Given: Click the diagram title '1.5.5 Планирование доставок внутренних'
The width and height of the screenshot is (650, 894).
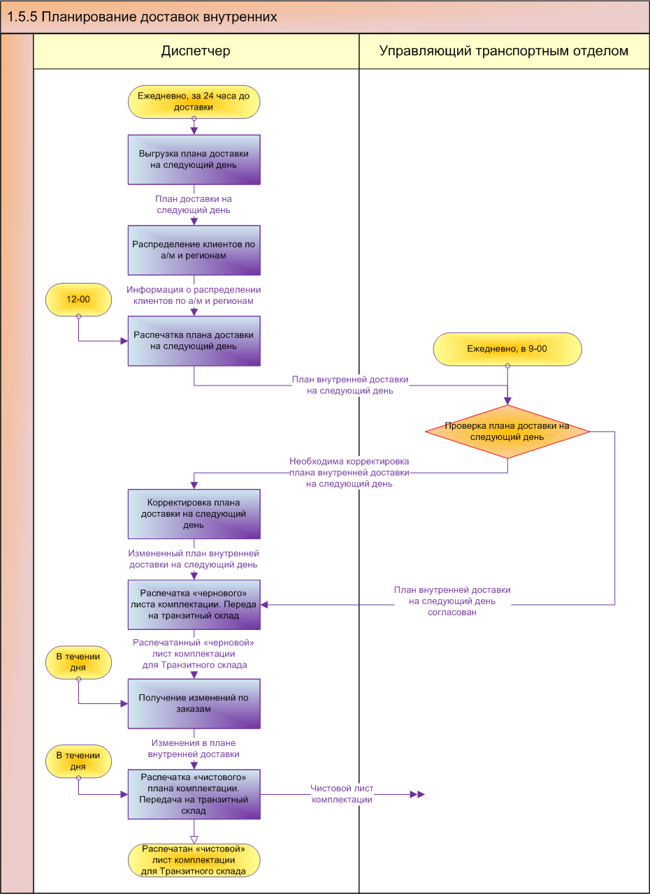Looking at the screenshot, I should point(142,17).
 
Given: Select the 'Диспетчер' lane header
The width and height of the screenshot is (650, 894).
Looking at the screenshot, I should point(196,51).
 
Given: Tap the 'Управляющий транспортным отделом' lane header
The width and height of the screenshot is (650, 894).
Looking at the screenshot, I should point(503,51).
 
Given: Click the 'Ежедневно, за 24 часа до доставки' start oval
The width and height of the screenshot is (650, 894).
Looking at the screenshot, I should point(194,102).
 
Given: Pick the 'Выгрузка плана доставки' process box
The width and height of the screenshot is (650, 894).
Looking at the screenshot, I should point(194,159).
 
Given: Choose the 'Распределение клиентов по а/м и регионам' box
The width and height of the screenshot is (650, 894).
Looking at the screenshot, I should point(194,250).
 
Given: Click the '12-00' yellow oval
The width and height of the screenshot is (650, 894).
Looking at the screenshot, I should point(78,299).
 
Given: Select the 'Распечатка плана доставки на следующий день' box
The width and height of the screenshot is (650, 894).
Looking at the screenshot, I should point(194,340).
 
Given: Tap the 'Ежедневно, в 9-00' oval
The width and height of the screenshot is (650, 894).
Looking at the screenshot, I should point(507,349).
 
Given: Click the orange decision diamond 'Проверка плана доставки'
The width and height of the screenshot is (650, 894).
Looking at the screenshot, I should point(507,432).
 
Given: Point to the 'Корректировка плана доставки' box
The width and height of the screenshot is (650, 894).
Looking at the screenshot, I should point(194,513).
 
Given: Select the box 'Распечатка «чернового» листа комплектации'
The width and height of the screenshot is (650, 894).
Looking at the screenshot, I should point(194,604).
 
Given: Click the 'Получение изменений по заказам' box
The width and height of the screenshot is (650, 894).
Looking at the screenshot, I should point(194,703).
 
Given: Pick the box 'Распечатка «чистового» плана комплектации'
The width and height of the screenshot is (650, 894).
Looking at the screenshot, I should point(194,794).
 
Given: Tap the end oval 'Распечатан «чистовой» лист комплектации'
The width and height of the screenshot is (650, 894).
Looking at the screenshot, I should point(194,860).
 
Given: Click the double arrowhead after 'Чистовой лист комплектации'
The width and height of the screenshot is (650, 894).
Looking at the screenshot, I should point(417,794).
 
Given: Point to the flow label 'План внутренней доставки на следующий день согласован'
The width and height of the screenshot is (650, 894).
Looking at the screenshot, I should point(452,601).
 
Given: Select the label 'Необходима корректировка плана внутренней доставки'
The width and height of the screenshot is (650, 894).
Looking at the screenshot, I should point(349,473).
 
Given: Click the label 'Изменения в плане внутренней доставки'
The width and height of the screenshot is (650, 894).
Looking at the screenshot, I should point(194,749).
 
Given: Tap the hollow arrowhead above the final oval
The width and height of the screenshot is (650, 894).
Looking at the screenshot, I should point(194,839).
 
